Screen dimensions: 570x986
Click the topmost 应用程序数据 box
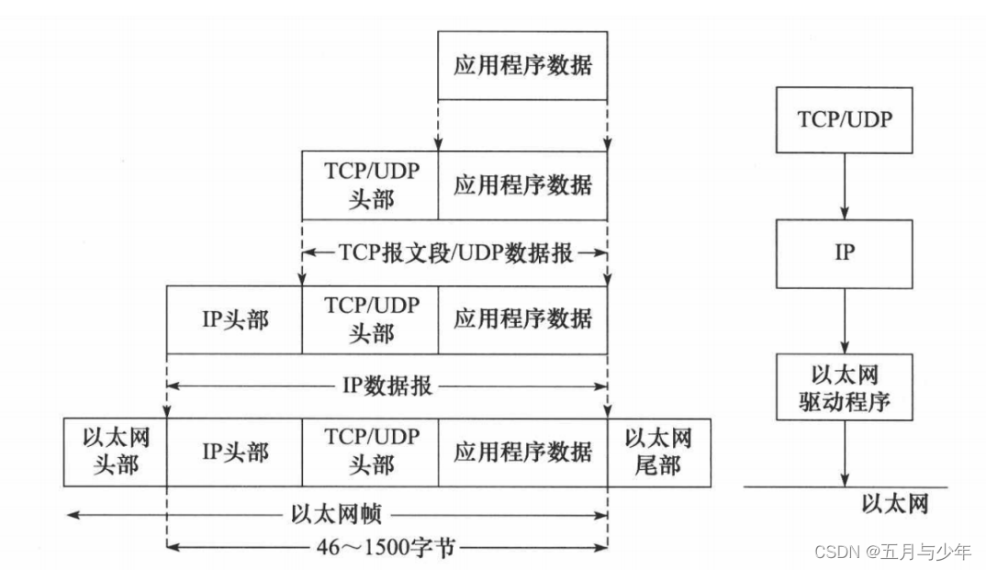[x=521, y=65]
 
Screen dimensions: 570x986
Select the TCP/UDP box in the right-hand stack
[x=844, y=119]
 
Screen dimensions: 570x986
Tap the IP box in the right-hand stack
[x=844, y=252]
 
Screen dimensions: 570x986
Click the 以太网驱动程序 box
[x=844, y=387]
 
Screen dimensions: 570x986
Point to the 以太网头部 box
[x=115, y=452]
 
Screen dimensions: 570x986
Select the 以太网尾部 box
[x=658, y=452]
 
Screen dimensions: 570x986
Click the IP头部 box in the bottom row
[x=234, y=452]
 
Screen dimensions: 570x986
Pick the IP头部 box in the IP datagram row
[x=234, y=319]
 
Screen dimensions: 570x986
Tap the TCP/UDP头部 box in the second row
[x=370, y=185]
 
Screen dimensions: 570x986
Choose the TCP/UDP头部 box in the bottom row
[x=370, y=452]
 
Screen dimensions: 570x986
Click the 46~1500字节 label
[x=387, y=549]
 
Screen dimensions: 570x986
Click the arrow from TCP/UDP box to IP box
[x=844, y=185]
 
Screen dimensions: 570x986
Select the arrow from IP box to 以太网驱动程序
[x=844, y=319]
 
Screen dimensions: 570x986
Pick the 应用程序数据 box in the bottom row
[x=521, y=452]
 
